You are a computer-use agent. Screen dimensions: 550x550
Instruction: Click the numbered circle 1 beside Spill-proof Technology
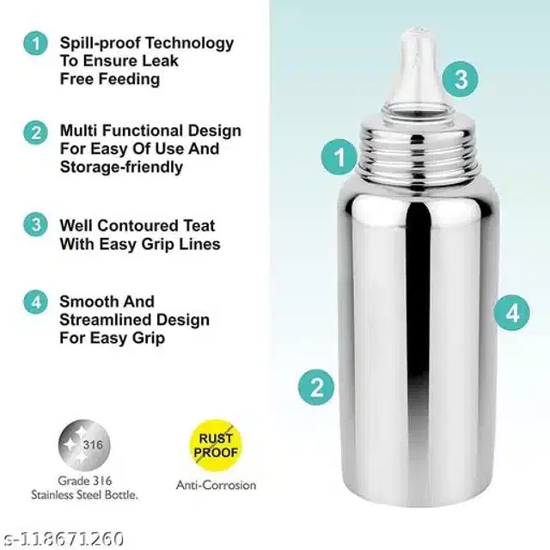tap(35, 44)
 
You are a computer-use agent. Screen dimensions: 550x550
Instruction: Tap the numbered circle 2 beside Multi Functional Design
tap(35, 133)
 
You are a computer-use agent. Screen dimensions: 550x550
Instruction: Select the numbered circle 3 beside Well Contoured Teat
tap(35, 224)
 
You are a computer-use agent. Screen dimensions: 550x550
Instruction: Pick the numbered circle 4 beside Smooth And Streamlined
tap(35, 302)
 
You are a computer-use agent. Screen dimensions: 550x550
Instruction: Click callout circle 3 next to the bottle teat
tap(461, 79)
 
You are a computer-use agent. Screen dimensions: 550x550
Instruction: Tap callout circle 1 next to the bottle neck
tap(339, 156)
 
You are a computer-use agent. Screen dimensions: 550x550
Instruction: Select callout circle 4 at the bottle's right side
tap(512, 313)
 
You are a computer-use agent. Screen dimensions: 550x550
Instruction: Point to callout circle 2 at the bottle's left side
tap(316, 388)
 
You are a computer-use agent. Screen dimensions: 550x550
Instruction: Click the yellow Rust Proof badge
tap(216, 445)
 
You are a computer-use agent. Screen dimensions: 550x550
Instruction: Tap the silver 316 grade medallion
tap(84, 445)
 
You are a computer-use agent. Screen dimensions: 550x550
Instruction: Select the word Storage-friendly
tap(121, 167)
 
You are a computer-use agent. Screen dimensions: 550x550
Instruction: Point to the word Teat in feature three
tap(199, 225)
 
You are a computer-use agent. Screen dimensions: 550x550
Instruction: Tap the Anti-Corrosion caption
tap(216, 485)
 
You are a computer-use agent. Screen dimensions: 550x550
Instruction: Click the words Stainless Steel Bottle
tap(84, 495)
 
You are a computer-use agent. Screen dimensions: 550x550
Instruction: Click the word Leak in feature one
tap(162, 61)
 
